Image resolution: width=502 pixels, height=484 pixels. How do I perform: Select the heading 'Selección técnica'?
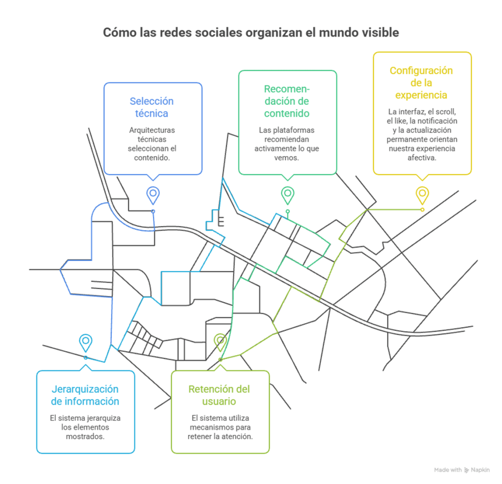[152, 107]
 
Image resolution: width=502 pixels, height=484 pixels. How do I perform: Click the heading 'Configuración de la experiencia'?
[421, 82]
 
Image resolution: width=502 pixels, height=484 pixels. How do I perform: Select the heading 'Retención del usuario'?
[219, 395]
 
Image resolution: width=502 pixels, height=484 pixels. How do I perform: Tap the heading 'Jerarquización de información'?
[85, 395]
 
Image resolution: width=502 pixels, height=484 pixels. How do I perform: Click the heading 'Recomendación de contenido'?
[287, 101]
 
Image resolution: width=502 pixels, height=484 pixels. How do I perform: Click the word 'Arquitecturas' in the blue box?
[152, 130]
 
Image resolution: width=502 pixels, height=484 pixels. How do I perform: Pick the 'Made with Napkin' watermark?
[462, 470]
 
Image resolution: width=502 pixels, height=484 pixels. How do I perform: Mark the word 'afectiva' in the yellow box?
[422, 158]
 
